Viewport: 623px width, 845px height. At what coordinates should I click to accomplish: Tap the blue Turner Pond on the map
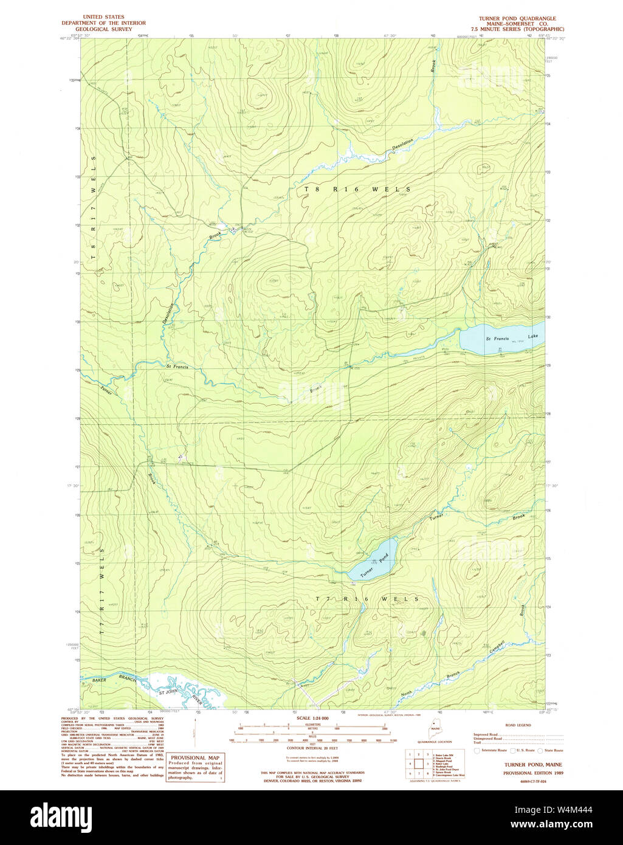pyautogui.click(x=372, y=560)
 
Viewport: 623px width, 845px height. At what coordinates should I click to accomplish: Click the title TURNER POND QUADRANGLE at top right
pyautogui.click(x=517, y=18)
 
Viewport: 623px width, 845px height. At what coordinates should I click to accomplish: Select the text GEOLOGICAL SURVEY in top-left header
pyautogui.click(x=103, y=29)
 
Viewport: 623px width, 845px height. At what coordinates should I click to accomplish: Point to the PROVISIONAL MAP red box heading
pyautogui.click(x=194, y=758)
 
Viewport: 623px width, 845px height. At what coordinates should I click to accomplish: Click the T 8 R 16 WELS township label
pyautogui.click(x=357, y=190)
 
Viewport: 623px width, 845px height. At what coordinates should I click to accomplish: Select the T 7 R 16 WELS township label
pyautogui.click(x=367, y=599)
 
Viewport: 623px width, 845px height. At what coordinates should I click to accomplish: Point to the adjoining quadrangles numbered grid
pyautogui.click(x=419, y=762)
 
